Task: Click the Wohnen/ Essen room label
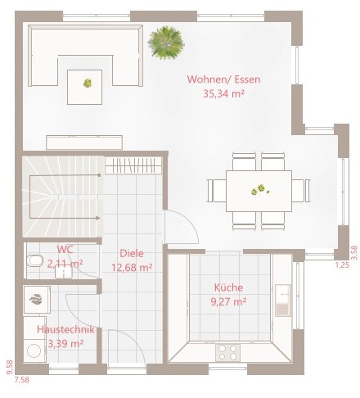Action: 223,79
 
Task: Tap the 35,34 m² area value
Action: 223,94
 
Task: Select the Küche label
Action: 228,287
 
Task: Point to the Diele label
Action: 132,253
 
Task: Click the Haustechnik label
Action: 65,329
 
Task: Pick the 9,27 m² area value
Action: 228,302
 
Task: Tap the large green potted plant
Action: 166,43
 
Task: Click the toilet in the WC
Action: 35,260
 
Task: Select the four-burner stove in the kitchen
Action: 228,353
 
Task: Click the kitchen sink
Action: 283,301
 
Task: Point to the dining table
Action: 259,191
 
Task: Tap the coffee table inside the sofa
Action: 85,87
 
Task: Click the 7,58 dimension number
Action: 22,380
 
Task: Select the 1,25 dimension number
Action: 342,265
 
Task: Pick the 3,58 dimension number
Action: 354,253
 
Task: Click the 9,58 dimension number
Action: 10,368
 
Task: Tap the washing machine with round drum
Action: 34,351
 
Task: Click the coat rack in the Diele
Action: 133,165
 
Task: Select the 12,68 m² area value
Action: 132,268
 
